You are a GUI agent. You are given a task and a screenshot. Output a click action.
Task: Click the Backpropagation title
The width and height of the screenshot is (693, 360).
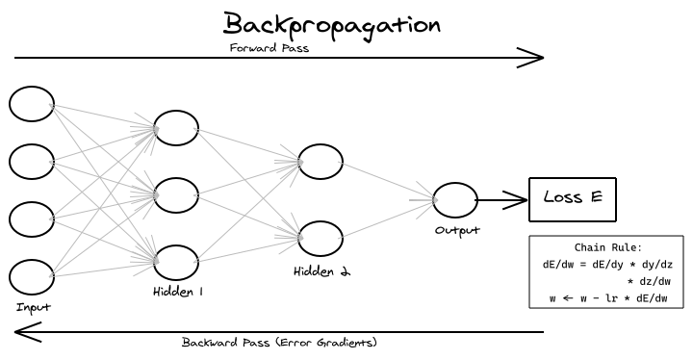[x=332, y=24]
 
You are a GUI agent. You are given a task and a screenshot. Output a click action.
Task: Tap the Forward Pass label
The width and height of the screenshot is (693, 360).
[x=269, y=48]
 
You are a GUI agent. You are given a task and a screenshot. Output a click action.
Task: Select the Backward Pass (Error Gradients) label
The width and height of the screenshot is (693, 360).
[x=279, y=342]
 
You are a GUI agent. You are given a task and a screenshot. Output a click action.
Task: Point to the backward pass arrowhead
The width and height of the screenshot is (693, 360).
[x=23, y=333]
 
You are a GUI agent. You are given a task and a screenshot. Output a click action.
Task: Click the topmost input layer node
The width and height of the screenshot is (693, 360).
[x=32, y=104]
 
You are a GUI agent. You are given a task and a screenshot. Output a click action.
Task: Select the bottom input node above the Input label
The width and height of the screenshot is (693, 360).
[x=32, y=276]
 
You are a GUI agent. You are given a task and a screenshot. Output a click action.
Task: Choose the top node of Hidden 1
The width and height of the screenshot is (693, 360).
[x=176, y=128]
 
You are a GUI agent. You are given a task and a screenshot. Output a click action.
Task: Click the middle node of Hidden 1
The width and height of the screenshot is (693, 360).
[x=176, y=194]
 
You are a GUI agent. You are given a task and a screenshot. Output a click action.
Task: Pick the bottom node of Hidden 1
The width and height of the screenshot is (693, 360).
[x=176, y=262]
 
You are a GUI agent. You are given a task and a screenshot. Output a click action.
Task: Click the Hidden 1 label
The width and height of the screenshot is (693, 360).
[x=178, y=290]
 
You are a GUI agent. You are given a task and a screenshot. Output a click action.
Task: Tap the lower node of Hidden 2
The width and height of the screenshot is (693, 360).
[x=321, y=238]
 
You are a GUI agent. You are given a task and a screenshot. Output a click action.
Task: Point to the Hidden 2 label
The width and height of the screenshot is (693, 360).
[x=322, y=271]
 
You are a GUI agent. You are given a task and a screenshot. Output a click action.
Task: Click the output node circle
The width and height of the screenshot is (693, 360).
[x=454, y=200]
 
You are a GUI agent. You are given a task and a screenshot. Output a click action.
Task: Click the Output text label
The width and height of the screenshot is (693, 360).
[x=457, y=230]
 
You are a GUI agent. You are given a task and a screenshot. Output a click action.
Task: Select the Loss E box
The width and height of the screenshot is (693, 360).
[x=573, y=199]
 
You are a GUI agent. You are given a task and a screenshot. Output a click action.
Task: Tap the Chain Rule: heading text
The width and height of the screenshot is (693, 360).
[x=606, y=247]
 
